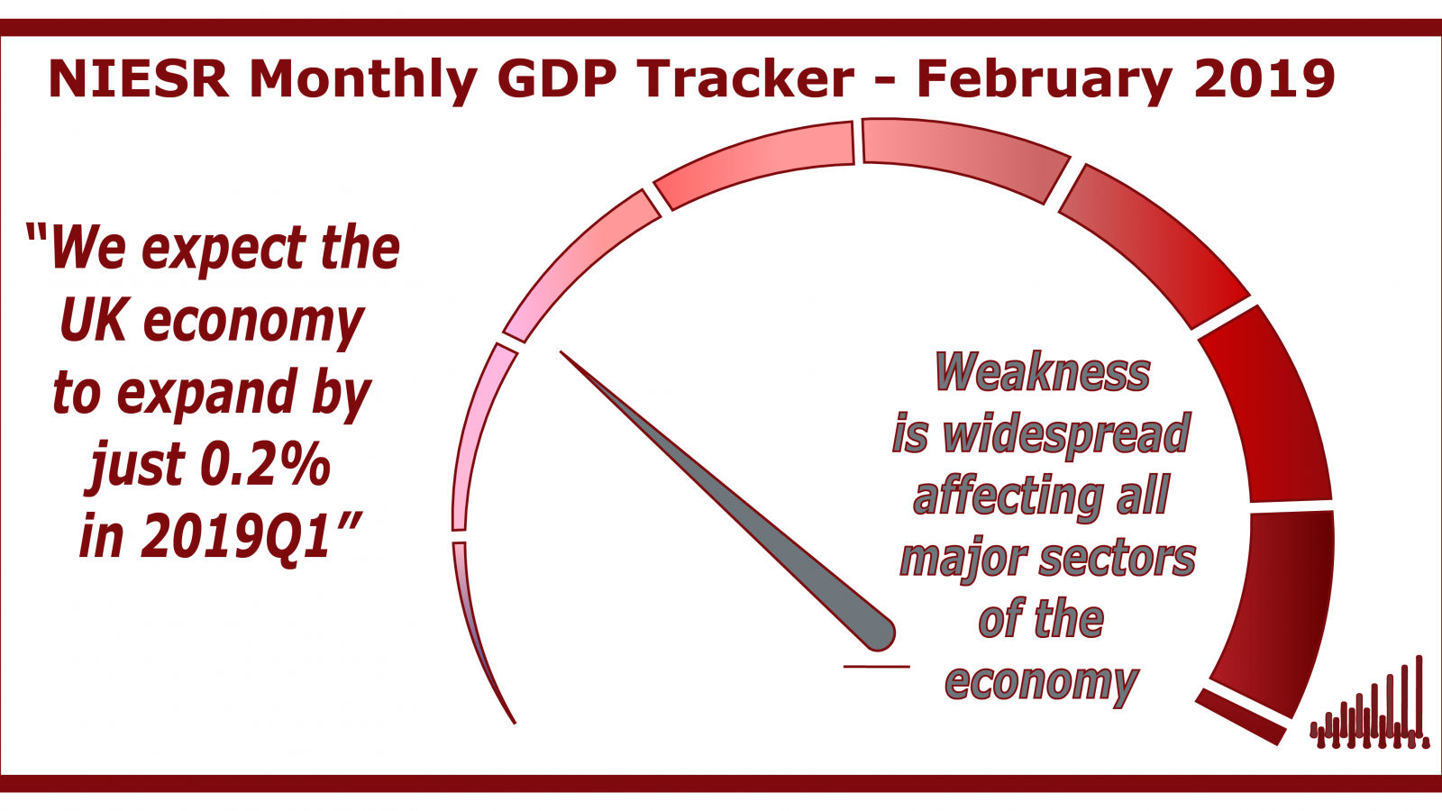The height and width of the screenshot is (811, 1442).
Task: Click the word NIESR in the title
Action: (139, 79)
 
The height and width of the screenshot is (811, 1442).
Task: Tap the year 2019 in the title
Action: (1264, 79)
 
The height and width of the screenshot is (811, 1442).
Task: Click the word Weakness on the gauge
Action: (1042, 372)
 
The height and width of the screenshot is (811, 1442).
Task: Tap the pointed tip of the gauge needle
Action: (561, 352)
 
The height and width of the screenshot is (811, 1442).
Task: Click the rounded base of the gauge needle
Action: (877, 634)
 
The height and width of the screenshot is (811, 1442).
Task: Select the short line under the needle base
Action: (876, 666)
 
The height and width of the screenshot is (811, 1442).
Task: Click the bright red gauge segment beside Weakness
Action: (1263, 405)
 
